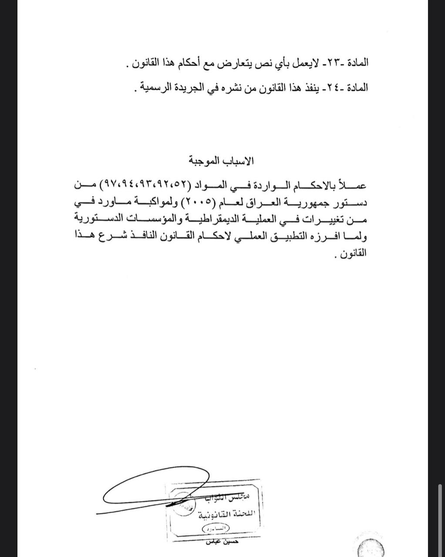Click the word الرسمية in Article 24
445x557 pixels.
point(154,87)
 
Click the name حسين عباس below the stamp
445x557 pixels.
point(222,542)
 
